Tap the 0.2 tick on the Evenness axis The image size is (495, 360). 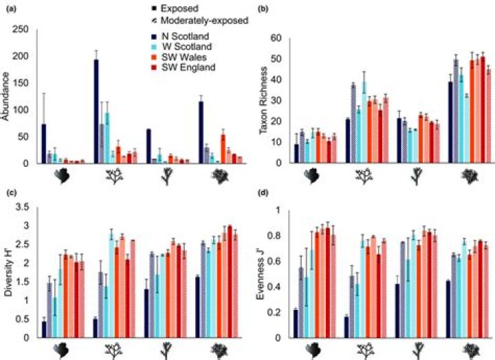coord(278,312)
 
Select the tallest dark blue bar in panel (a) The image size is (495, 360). coord(96,111)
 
